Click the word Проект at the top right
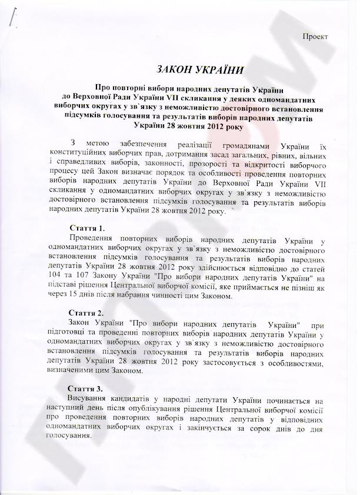point(315,36)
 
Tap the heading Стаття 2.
point(88,312)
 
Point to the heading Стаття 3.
point(88,390)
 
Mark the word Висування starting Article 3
point(87,400)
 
